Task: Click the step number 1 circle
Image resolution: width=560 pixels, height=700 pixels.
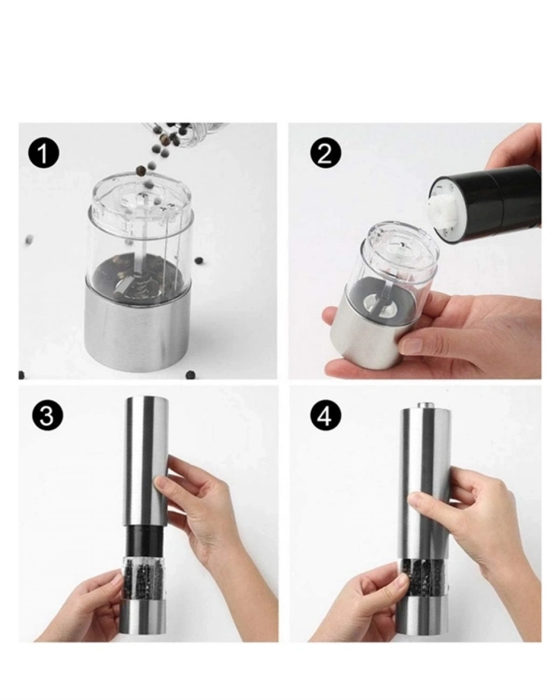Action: pyautogui.click(x=43, y=154)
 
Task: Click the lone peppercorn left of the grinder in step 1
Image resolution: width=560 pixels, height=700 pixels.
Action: pyautogui.click(x=30, y=240)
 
